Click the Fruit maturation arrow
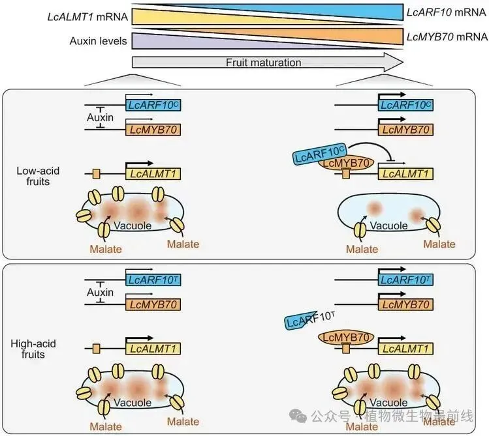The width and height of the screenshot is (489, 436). [268, 63]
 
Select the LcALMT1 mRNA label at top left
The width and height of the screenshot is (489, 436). [87, 16]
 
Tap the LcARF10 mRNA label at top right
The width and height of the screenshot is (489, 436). [447, 12]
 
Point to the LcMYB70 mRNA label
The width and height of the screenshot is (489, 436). [447, 36]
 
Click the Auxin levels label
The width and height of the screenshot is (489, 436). [98, 41]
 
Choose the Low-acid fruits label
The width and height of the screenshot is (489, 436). [38, 176]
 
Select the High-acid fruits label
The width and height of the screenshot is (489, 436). [33, 349]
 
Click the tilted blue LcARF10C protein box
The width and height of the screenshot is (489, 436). [321, 154]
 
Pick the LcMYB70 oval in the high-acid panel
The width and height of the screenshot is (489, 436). [346, 338]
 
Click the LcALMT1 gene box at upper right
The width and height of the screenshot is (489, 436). [405, 173]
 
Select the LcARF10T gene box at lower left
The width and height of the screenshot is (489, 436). [153, 280]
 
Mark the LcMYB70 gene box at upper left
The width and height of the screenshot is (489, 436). [153, 130]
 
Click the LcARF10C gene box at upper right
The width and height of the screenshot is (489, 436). [405, 105]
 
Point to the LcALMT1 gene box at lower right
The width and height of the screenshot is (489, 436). [405, 348]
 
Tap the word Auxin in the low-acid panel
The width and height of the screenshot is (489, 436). [100, 117]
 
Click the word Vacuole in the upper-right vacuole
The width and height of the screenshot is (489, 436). [388, 225]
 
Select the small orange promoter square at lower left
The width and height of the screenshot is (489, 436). [97, 349]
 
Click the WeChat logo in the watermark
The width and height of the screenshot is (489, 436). [298, 416]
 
